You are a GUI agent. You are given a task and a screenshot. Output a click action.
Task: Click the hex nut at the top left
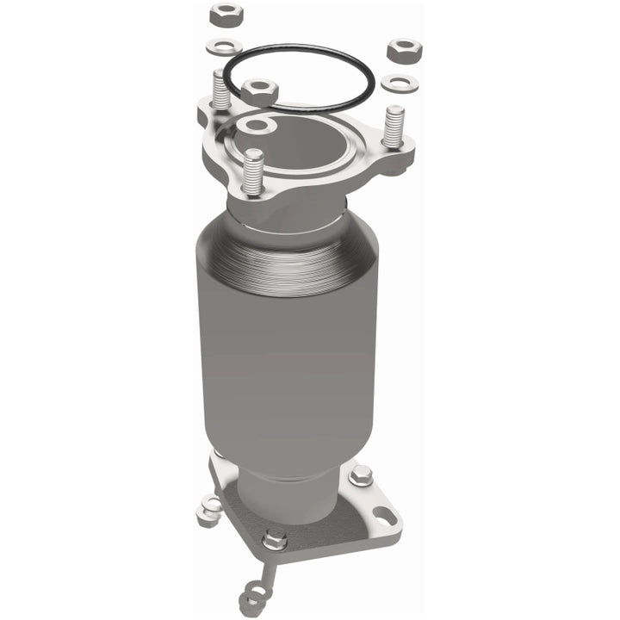click(x=226, y=15)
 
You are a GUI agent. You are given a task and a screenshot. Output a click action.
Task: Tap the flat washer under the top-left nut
click(x=225, y=46)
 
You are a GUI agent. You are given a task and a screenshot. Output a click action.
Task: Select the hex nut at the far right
click(x=402, y=50)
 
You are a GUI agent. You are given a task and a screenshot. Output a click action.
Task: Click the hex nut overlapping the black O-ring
click(x=258, y=90)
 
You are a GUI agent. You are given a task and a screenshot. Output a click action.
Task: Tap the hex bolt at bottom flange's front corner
click(x=275, y=540)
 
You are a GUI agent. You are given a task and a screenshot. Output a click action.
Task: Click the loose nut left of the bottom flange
click(x=208, y=512)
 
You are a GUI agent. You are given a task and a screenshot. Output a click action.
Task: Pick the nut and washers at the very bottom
click(x=253, y=594)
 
